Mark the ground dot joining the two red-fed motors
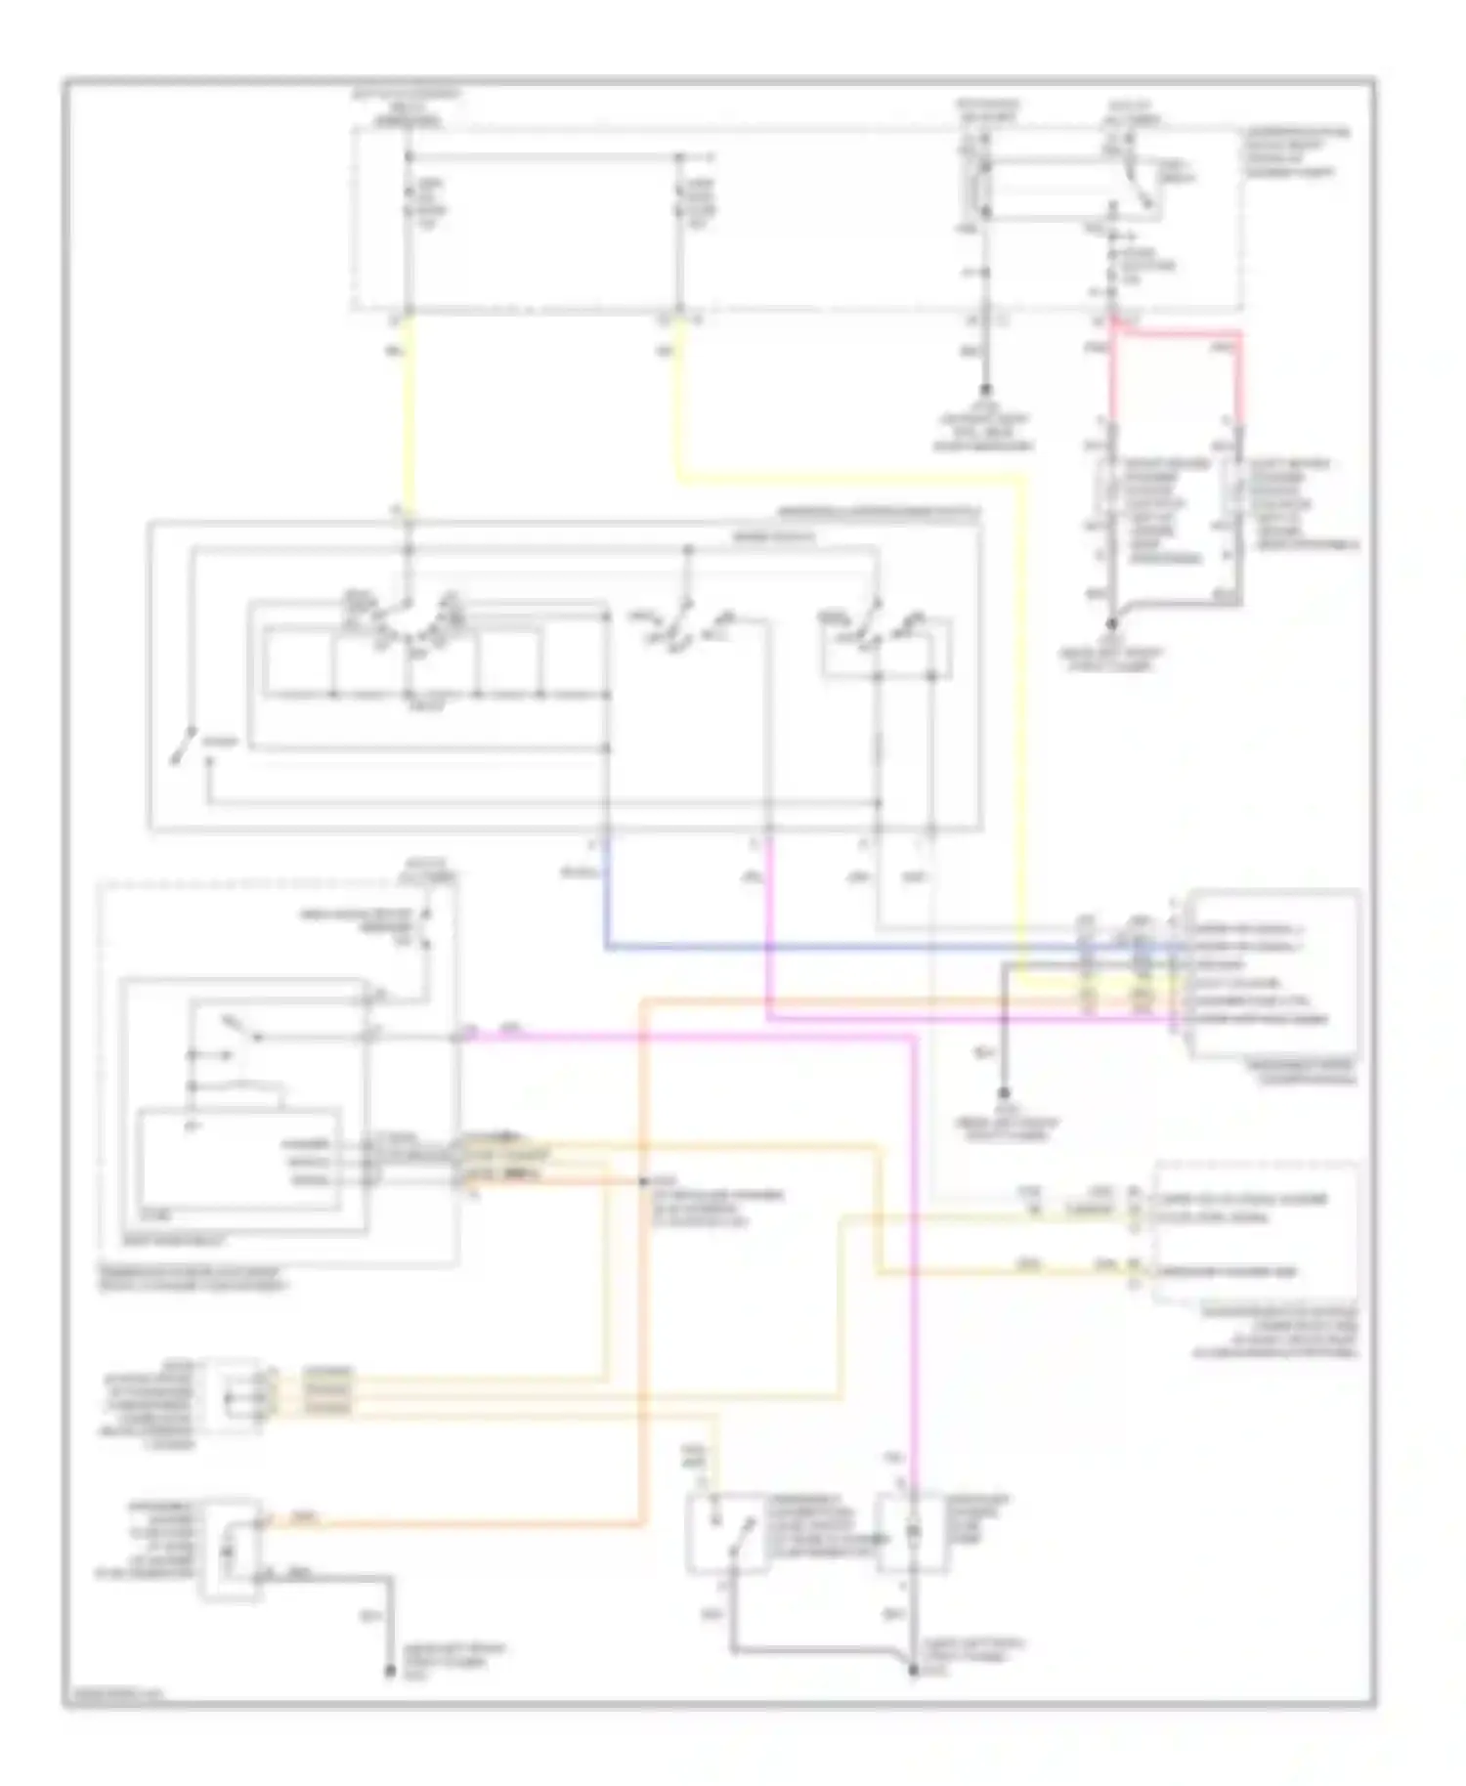pyautogui.click(x=1111, y=622)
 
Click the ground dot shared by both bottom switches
pyautogui.click(x=914, y=1672)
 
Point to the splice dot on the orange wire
pyautogui.click(x=642, y=1182)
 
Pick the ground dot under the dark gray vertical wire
pyautogui.click(x=1004, y=1094)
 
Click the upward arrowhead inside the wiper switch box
pyautogui.click(x=208, y=763)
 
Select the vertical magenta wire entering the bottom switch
pyautogui.click(x=914, y=1270)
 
